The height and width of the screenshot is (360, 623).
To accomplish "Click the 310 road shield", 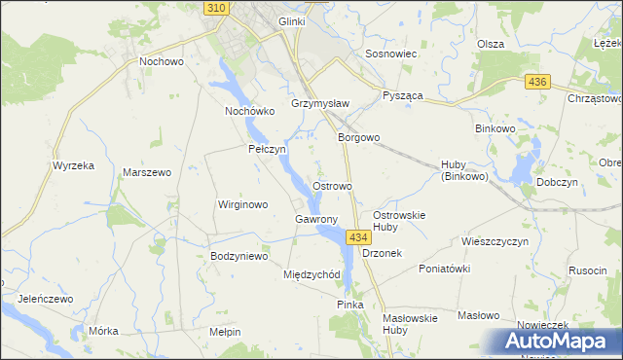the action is tap(218, 8).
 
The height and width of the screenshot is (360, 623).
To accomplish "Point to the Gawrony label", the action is tap(316, 219).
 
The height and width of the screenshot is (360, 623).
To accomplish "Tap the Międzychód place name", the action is tap(311, 274).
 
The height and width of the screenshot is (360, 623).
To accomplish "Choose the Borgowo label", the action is tap(358, 138).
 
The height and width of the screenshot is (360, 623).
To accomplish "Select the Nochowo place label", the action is tap(162, 61).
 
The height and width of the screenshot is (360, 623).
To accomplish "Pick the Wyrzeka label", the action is tap(74, 165).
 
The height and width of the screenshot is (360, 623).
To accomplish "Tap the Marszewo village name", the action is tap(147, 172).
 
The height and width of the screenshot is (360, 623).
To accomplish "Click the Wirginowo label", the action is tap(242, 205).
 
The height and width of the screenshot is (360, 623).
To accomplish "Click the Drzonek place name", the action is tap(382, 252).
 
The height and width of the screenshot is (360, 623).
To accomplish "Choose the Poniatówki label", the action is tap(444, 269).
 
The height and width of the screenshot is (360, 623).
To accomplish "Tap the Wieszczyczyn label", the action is tap(495, 240).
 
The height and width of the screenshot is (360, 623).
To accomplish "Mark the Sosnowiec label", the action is tap(390, 54).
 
